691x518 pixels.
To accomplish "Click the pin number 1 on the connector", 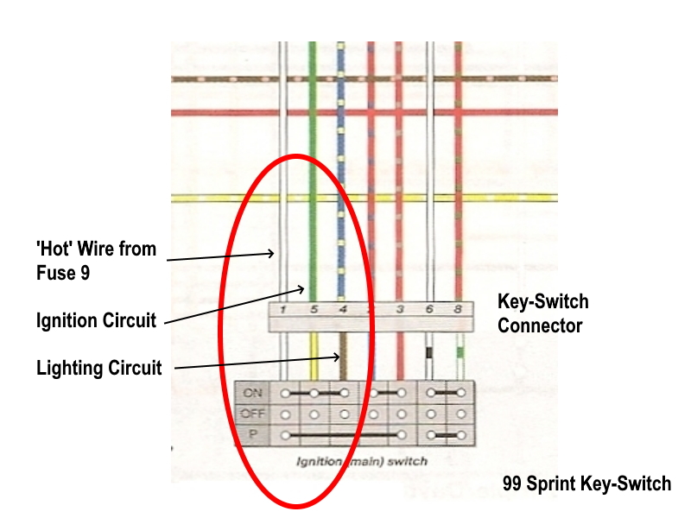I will pos(283,309).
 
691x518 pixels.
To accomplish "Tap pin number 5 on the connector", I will pos(314,309).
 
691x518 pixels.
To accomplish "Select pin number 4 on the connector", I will pos(343,309).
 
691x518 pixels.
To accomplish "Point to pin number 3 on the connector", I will pos(400,309).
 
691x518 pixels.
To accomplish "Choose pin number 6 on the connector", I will pos(430,309).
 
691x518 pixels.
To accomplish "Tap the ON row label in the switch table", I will pos(253,393).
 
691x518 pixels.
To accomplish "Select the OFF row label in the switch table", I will pos(253,413).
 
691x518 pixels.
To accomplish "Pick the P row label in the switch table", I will pos(253,433).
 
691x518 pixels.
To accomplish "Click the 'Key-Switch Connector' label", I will pos(543,313).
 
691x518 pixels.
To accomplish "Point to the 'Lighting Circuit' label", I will pos(98,369).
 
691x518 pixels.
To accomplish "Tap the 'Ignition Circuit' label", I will pos(96,321).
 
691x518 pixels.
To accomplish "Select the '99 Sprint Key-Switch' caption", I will pos(586,483).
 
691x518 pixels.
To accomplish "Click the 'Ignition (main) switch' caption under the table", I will pos(361,461).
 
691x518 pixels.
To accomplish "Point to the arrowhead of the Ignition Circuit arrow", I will pos(305,288).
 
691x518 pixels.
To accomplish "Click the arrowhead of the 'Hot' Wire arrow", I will pos(276,252).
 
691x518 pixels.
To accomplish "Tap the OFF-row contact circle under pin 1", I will pos(283,414).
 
